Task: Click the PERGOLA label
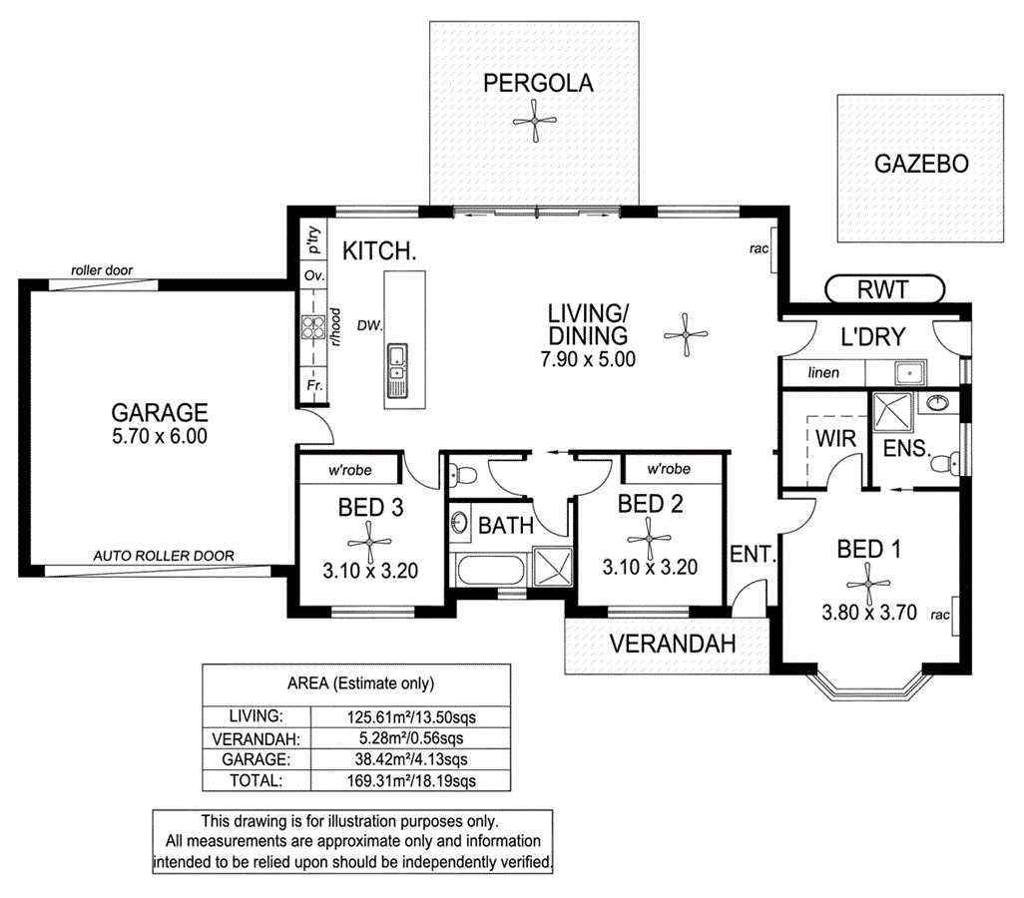pos(538,83)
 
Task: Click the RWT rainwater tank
pos(884,290)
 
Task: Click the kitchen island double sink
pos(398,362)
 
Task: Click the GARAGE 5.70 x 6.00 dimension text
pos(160,436)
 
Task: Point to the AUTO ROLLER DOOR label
pos(164,556)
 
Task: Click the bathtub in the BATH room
pos(488,572)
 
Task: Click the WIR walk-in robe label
pos(831,438)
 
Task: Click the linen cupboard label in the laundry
pos(824,373)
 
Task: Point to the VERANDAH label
pos(674,644)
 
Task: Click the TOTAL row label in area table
pos(255,780)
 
